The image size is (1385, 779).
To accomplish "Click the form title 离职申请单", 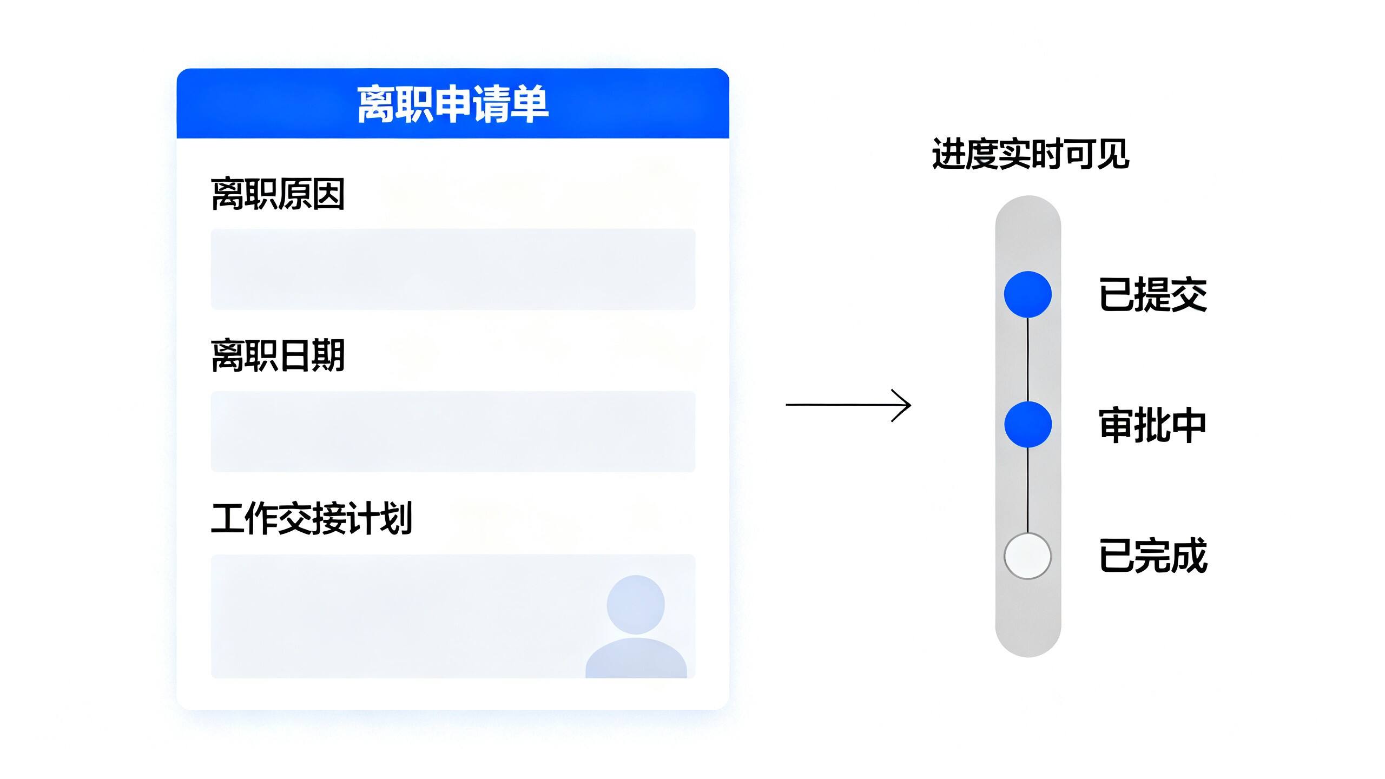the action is (453, 104).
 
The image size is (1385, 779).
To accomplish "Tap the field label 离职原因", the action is (278, 194).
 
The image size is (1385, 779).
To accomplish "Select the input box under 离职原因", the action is (453, 269).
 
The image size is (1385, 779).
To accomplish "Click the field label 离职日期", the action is (278, 355).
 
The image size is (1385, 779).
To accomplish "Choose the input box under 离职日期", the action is (453, 431).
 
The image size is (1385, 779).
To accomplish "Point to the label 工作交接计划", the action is (312, 518).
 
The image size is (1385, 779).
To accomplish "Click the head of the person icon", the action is (636, 604).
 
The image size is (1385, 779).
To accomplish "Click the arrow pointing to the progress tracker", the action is (848, 405).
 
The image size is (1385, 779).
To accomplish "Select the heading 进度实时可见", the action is (1030, 154).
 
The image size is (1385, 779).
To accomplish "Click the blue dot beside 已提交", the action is (1028, 294).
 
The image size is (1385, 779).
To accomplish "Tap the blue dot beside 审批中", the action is (1028, 425).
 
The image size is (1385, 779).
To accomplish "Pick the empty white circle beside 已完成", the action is (1027, 556).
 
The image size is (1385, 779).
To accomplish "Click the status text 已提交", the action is (1153, 294).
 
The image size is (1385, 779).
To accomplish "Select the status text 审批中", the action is (1153, 425).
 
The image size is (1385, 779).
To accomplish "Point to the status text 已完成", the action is (1153, 556).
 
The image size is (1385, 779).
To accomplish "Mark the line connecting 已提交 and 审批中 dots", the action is (1028, 360).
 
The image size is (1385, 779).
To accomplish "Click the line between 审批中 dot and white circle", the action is (1028, 490).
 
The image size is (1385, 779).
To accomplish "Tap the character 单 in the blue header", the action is (530, 104).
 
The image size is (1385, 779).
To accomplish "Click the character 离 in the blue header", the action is (377, 104).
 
